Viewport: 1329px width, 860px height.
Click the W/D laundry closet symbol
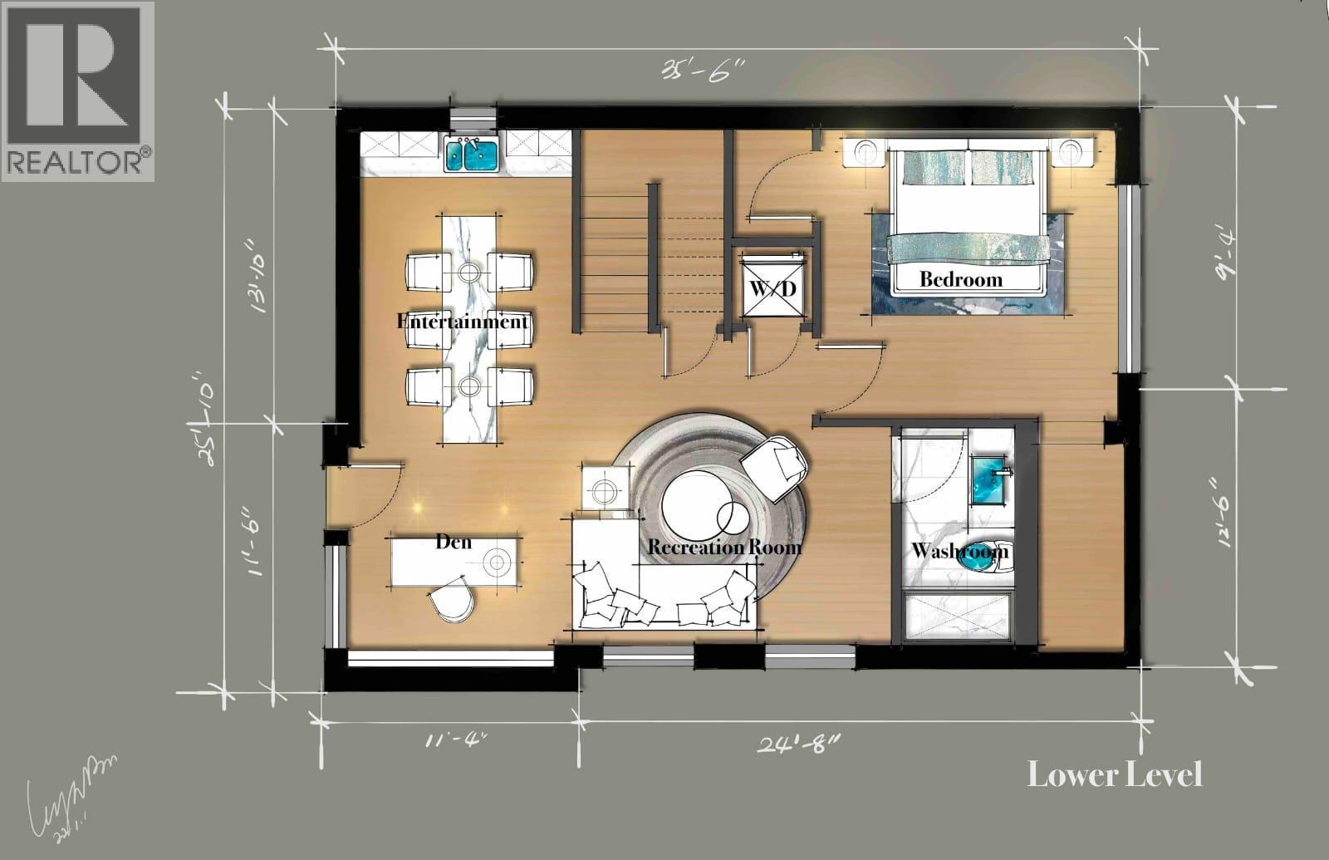(773, 287)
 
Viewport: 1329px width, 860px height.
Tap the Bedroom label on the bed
(960, 279)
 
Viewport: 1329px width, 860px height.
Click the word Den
(454, 542)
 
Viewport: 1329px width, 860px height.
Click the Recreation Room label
(723, 547)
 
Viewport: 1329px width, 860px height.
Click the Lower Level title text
(1114, 774)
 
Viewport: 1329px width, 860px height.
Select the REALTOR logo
(77, 90)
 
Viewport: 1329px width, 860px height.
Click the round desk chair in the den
(453, 601)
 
